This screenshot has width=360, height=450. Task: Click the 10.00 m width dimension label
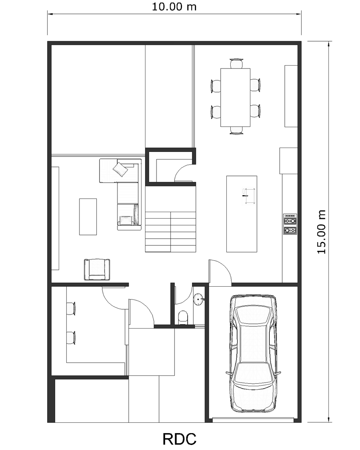pos(174,7)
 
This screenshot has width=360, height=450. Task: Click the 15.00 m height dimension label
pos(321,232)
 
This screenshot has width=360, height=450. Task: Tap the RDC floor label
pos(179,439)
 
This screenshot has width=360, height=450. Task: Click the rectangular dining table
pos(235,97)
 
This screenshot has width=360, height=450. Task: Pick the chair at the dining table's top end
pos(236,63)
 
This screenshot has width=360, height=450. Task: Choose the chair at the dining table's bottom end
pos(236,130)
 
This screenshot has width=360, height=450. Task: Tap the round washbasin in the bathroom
pos(198,300)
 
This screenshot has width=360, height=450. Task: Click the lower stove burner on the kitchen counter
pos(290,230)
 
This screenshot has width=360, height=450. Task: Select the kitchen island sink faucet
pos(245,196)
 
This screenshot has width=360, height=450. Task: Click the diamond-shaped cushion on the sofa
pos(120,169)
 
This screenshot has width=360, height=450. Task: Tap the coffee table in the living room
pos(88,217)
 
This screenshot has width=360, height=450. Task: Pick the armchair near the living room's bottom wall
pos(97,269)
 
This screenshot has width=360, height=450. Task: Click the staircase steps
pos(171,232)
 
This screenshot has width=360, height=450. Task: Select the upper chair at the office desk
pos(71,308)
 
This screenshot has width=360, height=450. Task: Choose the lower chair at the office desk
pos(71,338)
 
